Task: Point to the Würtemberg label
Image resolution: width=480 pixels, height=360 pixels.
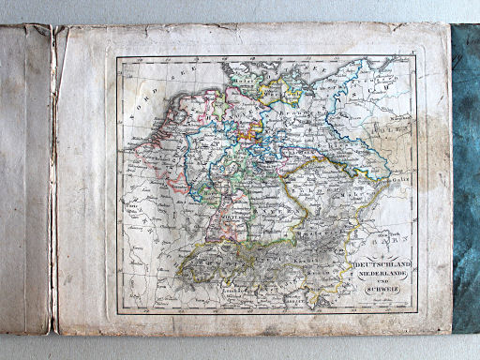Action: pyautogui.click(x=225, y=217)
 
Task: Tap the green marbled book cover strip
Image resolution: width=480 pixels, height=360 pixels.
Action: pyautogui.click(x=465, y=178)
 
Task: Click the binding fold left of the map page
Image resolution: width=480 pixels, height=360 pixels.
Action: pyautogui.click(x=53, y=178)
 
